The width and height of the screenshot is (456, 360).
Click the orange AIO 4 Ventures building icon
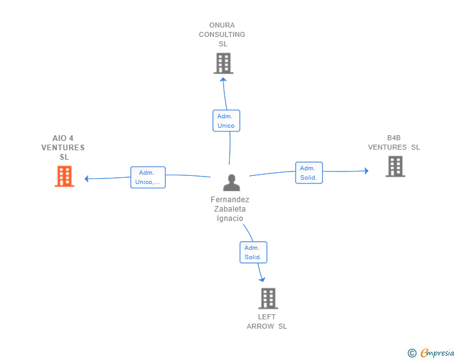click(65, 177)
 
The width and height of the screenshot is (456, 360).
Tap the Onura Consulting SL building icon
click(223, 63)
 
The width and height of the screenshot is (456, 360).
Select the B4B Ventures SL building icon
click(395, 167)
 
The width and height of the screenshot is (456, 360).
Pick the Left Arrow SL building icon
click(267, 299)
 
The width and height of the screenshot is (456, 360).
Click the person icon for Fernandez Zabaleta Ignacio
click(231, 183)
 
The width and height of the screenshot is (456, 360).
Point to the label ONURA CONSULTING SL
click(222, 34)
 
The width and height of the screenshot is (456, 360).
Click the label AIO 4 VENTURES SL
click(63, 148)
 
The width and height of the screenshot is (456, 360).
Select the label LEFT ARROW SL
click(267, 322)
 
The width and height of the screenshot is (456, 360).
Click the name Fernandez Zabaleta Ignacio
click(230, 209)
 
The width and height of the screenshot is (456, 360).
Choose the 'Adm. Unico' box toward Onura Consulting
click(225, 121)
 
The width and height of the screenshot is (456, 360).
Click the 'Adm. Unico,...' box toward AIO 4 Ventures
click(148, 178)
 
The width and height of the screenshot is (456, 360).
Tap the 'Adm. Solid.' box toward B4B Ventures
click(308, 173)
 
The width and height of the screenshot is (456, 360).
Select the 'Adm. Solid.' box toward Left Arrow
click(253, 252)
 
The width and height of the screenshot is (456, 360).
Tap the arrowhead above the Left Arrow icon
click(262, 279)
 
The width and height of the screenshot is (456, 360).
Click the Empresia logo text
click(437, 353)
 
